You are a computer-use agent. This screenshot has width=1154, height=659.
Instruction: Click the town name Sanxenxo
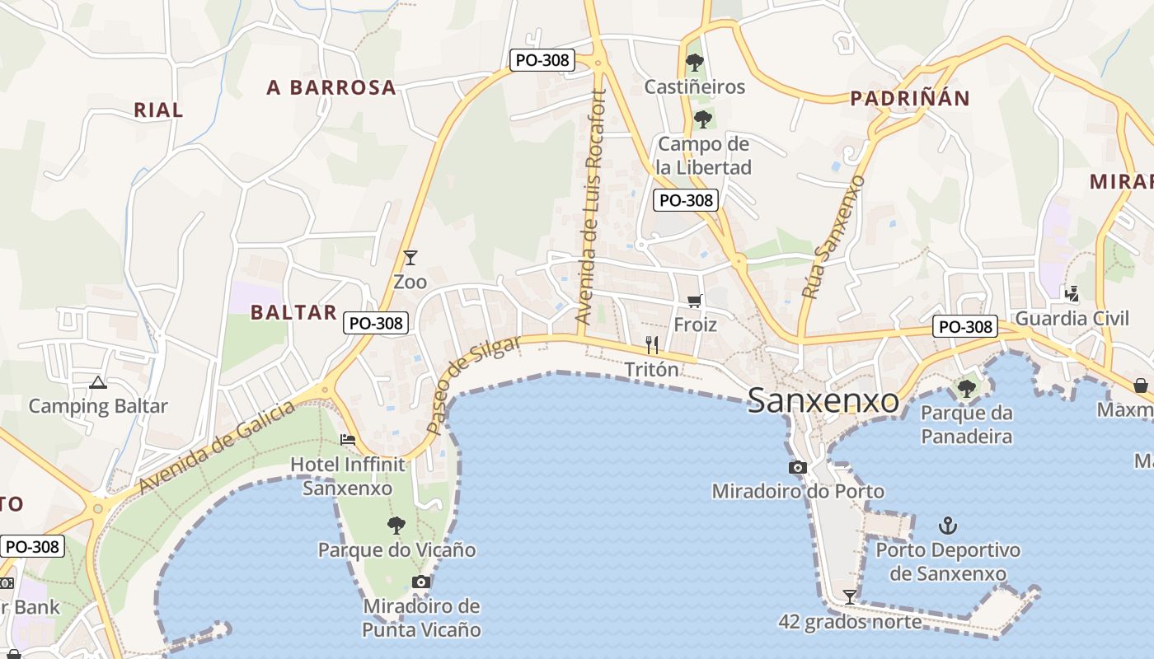(x=823, y=401)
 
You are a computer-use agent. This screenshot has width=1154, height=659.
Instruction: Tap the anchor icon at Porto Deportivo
(x=948, y=525)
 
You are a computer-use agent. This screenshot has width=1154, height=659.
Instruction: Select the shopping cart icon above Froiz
(x=694, y=301)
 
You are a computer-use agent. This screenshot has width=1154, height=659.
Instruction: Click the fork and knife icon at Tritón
(x=652, y=345)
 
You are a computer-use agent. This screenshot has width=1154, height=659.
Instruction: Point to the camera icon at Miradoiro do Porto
(x=797, y=468)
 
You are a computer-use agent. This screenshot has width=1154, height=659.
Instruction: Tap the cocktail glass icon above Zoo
(x=410, y=258)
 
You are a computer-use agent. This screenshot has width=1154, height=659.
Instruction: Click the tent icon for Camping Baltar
(x=98, y=382)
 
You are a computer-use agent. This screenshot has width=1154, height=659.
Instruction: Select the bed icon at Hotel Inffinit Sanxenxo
(x=348, y=440)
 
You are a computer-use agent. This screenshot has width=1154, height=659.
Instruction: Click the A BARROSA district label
(x=331, y=88)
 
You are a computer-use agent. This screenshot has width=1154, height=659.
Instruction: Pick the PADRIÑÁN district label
(x=910, y=99)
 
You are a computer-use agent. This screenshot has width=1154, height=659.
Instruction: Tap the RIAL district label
(x=158, y=110)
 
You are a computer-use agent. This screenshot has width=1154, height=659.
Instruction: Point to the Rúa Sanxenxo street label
(x=833, y=236)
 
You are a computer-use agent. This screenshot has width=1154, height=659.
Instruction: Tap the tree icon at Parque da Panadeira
(x=966, y=387)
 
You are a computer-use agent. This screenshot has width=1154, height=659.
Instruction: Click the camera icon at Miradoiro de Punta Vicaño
(x=421, y=582)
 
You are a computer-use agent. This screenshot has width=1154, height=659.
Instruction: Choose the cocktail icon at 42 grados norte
(x=849, y=596)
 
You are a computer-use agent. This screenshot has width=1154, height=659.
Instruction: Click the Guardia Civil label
(x=1072, y=318)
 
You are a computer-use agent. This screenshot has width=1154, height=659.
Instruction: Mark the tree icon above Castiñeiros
(x=695, y=62)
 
